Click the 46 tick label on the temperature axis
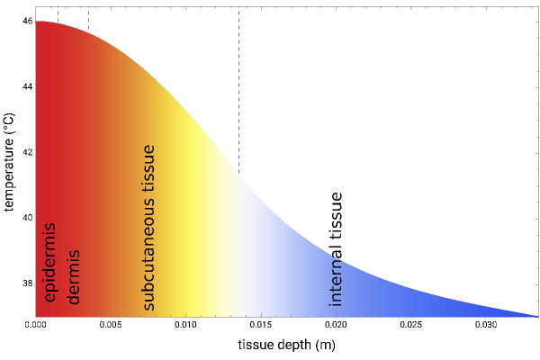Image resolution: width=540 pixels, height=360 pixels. (x=27, y=21)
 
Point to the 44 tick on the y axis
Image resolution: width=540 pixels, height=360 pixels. (x=27, y=86)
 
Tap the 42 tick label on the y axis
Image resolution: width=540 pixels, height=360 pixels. (x=27, y=152)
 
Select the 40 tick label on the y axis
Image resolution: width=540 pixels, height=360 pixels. (x=27, y=218)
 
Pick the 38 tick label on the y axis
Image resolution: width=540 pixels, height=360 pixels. (x=27, y=283)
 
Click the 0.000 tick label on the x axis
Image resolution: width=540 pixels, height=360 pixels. (x=36, y=324)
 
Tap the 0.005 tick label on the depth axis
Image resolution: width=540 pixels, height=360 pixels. (x=111, y=324)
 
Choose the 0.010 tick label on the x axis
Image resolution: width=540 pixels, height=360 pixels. (x=185, y=324)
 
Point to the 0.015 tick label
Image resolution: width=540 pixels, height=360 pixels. (x=260, y=324)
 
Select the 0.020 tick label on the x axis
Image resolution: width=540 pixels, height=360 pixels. (x=335, y=324)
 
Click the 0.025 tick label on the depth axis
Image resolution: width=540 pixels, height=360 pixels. (x=409, y=324)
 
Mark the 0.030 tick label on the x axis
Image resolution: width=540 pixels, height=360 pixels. (x=484, y=324)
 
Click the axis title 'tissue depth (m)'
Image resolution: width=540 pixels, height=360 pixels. (x=286, y=345)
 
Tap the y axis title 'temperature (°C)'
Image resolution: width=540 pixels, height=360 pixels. (x=8, y=162)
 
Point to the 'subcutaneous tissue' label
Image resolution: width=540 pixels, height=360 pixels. (x=148, y=228)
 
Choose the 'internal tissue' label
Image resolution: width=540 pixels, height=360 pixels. (x=336, y=248)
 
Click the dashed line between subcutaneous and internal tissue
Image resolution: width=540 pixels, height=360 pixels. (x=238, y=90)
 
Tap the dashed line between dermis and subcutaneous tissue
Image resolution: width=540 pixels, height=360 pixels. (x=88, y=19)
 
